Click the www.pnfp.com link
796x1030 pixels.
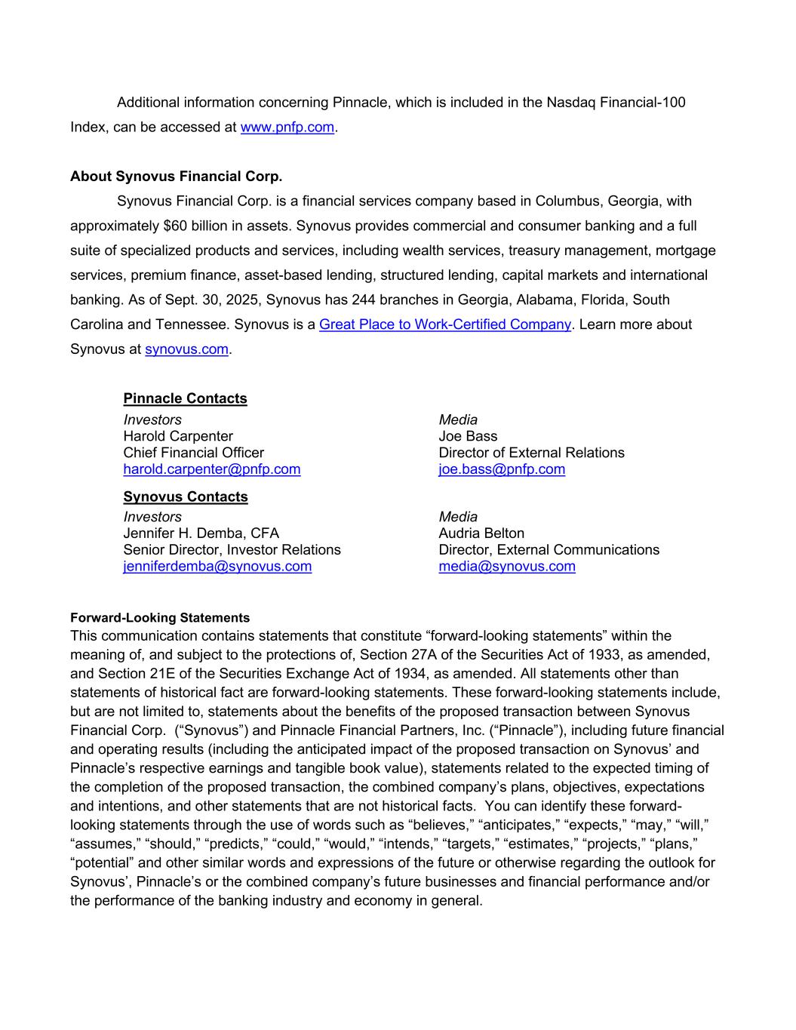click(287, 127)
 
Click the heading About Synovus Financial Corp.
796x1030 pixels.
click(176, 177)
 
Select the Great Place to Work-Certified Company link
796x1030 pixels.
click(444, 324)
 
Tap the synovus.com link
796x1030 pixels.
click(186, 349)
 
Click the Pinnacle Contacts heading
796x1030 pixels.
click(185, 398)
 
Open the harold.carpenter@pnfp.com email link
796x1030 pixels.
click(211, 469)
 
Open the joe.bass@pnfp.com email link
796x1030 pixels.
click(502, 469)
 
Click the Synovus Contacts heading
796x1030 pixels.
click(185, 497)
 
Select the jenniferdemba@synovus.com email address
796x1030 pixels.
click(217, 566)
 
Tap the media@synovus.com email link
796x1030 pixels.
click(507, 566)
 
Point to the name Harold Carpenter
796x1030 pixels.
click(178, 436)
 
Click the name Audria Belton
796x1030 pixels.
click(481, 533)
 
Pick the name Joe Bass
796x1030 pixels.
click(468, 436)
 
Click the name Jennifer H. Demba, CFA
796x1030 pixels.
click(201, 533)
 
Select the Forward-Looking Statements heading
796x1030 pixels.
click(160, 618)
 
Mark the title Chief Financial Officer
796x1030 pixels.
click(194, 453)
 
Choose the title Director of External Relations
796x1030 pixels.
click(531, 453)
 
